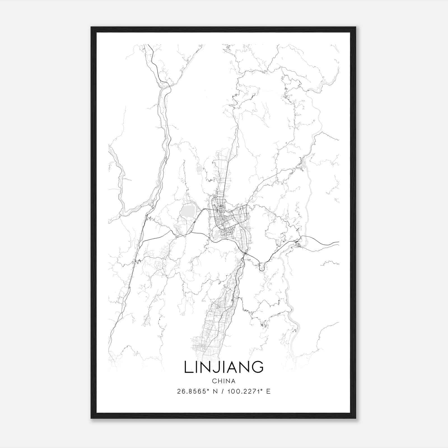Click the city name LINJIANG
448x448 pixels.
tap(224, 367)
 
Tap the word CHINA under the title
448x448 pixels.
tap(224, 381)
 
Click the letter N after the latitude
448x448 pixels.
tap(215, 391)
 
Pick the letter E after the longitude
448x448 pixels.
tap(268, 391)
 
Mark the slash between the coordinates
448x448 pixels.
tap(223, 391)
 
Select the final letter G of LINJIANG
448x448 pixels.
tap(258, 367)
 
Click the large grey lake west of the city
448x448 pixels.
tap(188, 212)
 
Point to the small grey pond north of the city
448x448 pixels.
tap(199, 169)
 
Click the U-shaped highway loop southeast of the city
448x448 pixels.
tap(262, 267)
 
